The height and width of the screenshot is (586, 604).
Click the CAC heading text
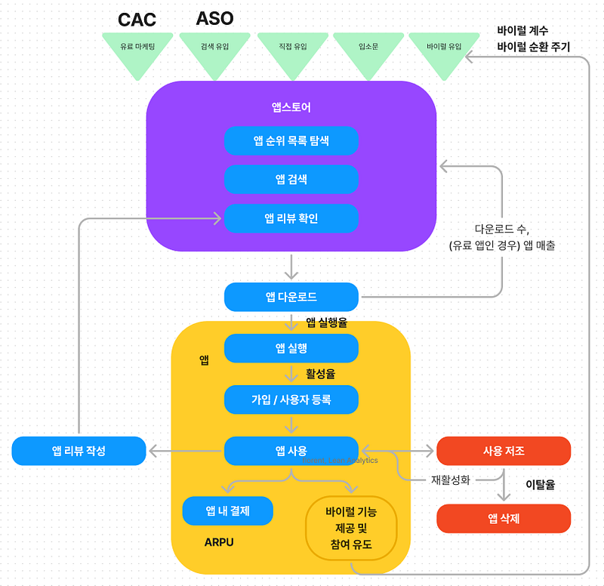point(137,20)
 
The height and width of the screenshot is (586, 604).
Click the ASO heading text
point(214,19)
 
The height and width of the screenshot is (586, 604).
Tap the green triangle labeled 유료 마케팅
point(137,49)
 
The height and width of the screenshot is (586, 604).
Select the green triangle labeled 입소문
point(368,49)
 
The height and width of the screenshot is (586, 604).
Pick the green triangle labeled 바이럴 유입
point(444,49)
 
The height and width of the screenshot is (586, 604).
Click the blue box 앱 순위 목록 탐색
point(291,140)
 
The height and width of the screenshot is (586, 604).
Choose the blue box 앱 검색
point(291,179)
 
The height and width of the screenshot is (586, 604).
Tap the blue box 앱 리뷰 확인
point(291,218)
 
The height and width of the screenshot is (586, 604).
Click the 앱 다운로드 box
point(291,297)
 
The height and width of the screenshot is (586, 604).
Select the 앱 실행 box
point(291,348)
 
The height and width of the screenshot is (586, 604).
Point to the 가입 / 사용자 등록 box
point(291,399)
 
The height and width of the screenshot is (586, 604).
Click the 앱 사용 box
point(291,451)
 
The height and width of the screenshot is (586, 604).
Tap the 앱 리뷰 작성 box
point(79,451)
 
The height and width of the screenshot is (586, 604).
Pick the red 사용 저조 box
point(504,451)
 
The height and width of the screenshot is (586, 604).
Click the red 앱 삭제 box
point(504,518)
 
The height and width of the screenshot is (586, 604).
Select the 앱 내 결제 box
point(227,511)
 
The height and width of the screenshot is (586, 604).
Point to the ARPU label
point(219,542)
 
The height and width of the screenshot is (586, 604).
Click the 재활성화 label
point(451,479)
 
